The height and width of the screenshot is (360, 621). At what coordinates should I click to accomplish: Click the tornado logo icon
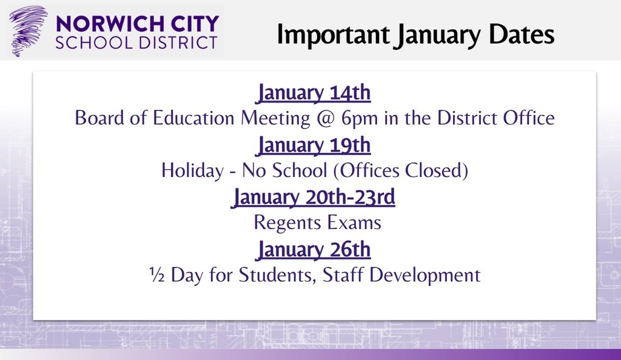pyautogui.click(x=28, y=31)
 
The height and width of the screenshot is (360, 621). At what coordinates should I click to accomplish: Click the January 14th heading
pyautogui.click(x=314, y=94)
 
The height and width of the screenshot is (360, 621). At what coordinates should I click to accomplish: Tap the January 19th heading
pyautogui.click(x=314, y=146)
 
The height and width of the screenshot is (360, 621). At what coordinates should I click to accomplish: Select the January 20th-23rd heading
pyautogui.click(x=314, y=198)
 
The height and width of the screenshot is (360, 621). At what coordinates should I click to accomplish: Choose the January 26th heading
pyautogui.click(x=314, y=250)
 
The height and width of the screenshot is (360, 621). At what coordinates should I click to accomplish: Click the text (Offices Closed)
pyautogui.click(x=400, y=171)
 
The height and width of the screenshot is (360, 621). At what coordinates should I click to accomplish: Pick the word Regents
pyautogui.click(x=287, y=222)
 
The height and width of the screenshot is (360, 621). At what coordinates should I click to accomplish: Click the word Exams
pyautogui.click(x=354, y=222)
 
